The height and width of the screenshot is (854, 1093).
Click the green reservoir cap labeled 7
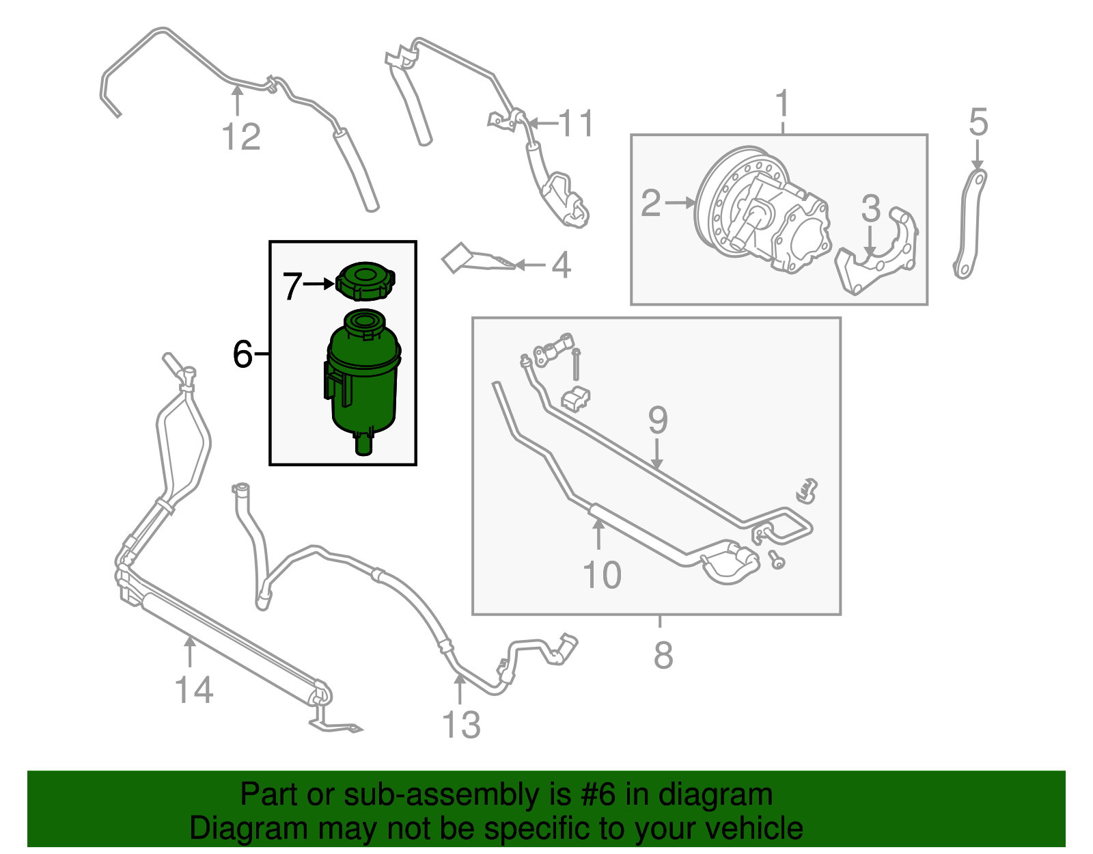[365, 281]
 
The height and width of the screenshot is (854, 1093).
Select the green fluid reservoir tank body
[363, 383]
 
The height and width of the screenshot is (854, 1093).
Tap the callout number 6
[243, 354]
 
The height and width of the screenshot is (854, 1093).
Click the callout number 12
[241, 137]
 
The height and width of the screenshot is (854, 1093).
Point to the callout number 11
[577, 124]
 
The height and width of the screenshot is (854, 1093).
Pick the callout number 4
[560, 265]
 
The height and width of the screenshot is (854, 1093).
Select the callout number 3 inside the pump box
[870, 208]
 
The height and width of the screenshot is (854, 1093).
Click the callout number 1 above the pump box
[783, 104]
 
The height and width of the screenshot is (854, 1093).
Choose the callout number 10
[602, 574]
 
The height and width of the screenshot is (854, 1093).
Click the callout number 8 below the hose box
[663, 655]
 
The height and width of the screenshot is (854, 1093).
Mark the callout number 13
[461, 725]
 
